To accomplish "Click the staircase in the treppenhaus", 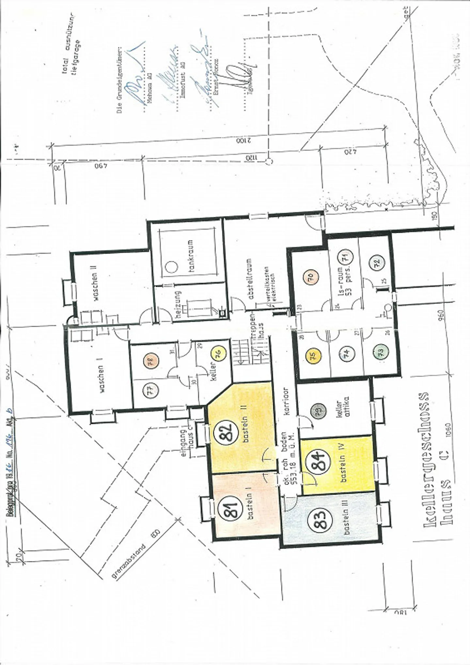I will pos(251,353).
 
